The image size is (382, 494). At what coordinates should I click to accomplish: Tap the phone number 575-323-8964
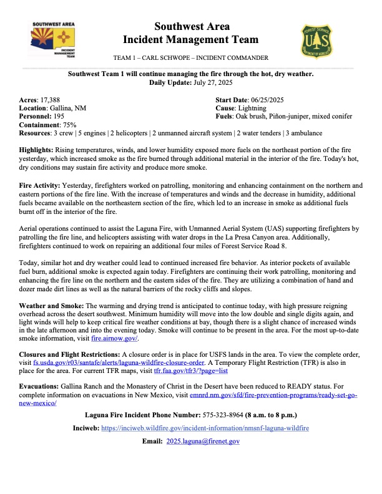coord(228,415)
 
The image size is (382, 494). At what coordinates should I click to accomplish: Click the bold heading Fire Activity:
coord(40,185)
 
